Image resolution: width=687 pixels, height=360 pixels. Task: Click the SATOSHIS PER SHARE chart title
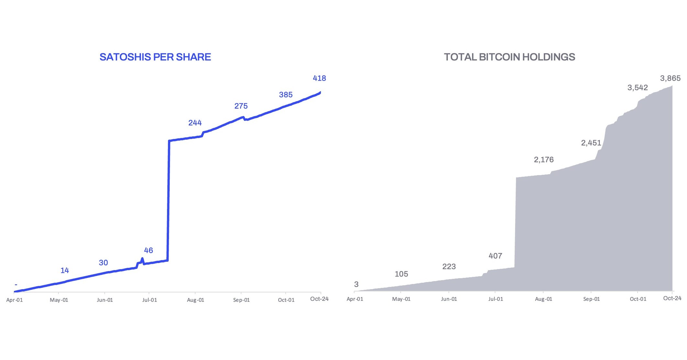pyautogui.click(x=155, y=57)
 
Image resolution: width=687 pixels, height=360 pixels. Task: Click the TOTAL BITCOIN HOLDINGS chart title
pyautogui.click(x=509, y=57)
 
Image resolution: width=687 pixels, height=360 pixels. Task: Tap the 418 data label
pyautogui.click(x=319, y=78)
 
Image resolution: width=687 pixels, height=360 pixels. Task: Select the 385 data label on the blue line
pyautogui.click(x=286, y=95)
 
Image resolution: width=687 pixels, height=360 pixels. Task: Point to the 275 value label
pyautogui.click(x=241, y=106)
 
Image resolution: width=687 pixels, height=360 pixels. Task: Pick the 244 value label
pyautogui.click(x=195, y=123)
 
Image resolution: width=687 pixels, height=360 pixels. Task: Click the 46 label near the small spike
pyautogui.click(x=148, y=250)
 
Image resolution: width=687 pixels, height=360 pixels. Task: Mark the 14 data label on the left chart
pyautogui.click(x=65, y=270)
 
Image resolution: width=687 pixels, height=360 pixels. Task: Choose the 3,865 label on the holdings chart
pyautogui.click(x=670, y=78)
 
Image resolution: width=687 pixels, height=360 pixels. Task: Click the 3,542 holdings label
pyautogui.click(x=637, y=88)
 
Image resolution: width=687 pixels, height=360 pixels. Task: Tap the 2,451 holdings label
pyautogui.click(x=591, y=143)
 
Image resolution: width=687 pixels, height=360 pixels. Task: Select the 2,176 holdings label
pyautogui.click(x=544, y=160)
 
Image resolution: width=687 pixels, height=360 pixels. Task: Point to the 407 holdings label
pyautogui.click(x=495, y=256)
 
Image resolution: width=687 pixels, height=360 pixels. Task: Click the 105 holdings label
pyautogui.click(x=401, y=274)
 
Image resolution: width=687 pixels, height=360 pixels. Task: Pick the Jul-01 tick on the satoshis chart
pyautogui.click(x=150, y=300)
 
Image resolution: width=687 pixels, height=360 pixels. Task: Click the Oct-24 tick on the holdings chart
pyautogui.click(x=672, y=298)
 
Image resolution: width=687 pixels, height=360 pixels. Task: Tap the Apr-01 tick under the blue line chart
pyautogui.click(x=15, y=300)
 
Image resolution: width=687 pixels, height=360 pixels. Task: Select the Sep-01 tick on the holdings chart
pyautogui.click(x=591, y=299)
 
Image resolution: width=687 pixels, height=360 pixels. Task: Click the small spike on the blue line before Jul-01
pyautogui.click(x=142, y=259)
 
